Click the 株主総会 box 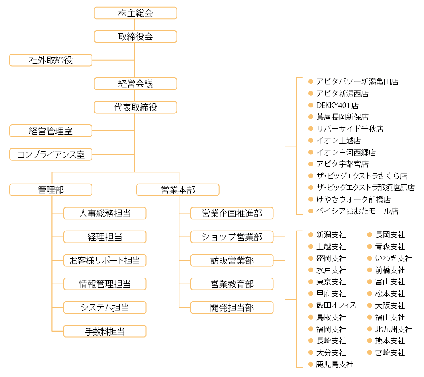point(135,13)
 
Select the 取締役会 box point(135,37)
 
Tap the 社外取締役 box point(51,60)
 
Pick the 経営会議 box point(135,84)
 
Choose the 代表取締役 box point(135,107)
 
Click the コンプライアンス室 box point(51,154)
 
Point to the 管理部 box point(51,190)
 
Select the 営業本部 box point(178,190)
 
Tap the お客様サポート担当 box point(105,261)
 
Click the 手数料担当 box point(105,331)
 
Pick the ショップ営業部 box point(232,237)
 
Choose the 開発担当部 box point(232,308)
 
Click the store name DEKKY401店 point(337,105)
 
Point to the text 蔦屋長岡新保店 point(342,117)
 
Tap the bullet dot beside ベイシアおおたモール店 point(311,211)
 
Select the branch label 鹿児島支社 point(335,364)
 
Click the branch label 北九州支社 point(394,329)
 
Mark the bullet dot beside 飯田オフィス point(311,305)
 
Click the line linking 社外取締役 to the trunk point(113,60)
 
